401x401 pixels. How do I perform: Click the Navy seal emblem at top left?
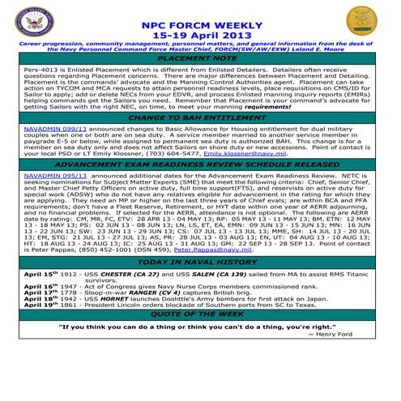pyautogui.click(x=32, y=22)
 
